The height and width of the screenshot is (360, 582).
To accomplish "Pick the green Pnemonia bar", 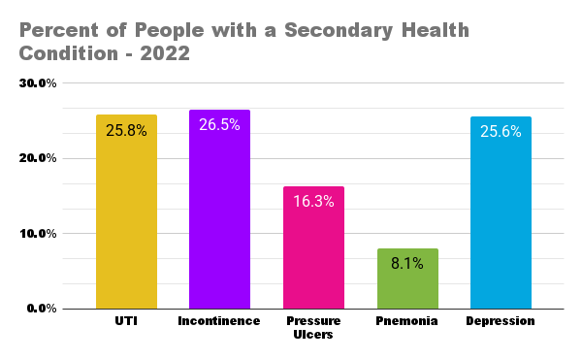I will pos(406,281).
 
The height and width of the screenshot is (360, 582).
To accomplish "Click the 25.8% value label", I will pos(126,130).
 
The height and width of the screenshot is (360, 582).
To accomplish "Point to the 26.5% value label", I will pos(219,125).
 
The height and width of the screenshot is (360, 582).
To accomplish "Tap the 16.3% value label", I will pos(313,202).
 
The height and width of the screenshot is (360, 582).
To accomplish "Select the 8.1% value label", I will pos(406,264).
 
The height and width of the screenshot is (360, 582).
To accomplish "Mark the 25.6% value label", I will pos(501,131).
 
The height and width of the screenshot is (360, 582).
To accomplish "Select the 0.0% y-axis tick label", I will pos(42,309).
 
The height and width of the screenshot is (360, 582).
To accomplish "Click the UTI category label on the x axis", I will pos(126,321).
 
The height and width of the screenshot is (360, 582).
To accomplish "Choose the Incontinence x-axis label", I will pos(219,321).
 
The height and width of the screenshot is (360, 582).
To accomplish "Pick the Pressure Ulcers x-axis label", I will pos(313,328).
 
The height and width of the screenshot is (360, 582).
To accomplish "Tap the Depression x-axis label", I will pos(501,321).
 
